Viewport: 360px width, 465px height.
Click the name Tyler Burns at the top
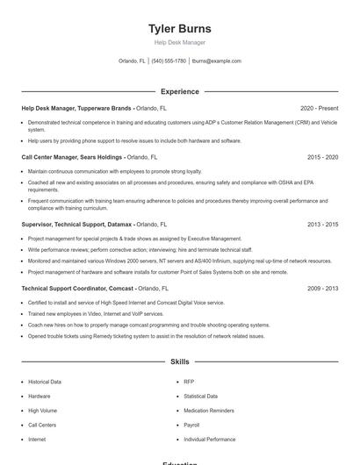180,29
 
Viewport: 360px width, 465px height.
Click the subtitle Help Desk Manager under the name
180,42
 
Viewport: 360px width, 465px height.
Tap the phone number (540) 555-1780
169,61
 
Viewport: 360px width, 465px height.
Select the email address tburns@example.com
216,61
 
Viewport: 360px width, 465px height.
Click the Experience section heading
180,91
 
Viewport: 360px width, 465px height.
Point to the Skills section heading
180,361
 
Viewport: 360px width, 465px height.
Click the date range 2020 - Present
319,108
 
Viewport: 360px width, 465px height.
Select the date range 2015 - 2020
322,157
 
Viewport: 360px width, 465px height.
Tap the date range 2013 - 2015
322,224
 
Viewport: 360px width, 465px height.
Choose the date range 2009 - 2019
322,288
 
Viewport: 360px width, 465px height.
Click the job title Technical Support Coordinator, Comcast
77,288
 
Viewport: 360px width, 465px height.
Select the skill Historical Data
45,382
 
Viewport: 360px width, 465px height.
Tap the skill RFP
189,382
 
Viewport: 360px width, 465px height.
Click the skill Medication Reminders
209,411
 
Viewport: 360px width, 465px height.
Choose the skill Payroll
192,425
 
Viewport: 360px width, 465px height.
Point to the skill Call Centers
42,425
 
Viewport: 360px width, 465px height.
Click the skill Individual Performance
210,439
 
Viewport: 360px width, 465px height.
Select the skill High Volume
42,411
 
